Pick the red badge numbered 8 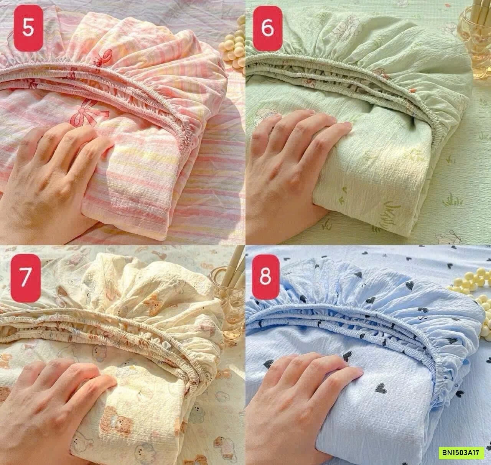click(265, 276)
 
